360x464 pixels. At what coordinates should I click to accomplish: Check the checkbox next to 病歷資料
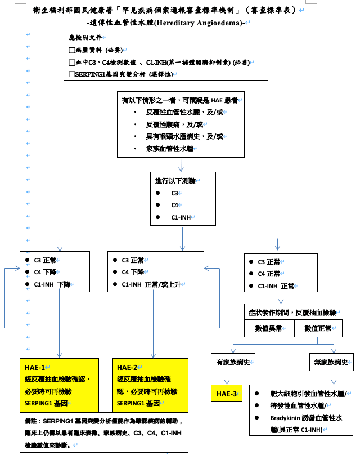(x=71, y=50)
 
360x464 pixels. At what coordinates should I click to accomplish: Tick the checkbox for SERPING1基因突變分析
(x=71, y=73)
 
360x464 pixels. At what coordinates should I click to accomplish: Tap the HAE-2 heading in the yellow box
(x=127, y=368)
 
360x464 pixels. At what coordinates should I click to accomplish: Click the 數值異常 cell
(x=269, y=328)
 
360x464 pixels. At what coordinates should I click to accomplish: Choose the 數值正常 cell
(x=318, y=328)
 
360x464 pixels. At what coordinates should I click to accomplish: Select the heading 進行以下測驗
(x=175, y=181)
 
